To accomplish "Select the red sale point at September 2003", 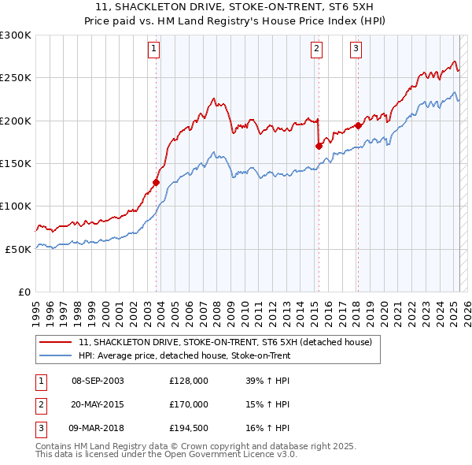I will click(x=156, y=182).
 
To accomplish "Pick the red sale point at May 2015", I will click(x=319, y=146).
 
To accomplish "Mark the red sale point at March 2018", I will click(x=358, y=125).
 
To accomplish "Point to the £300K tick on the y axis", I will click(x=16, y=35).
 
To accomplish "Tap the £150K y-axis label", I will click(x=16, y=163).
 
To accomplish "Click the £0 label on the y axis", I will click(x=24, y=292).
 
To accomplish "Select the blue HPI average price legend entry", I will click(x=184, y=356).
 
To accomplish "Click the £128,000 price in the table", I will click(x=189, y=381).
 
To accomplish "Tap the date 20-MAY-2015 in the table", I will click(x=98, y=404).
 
